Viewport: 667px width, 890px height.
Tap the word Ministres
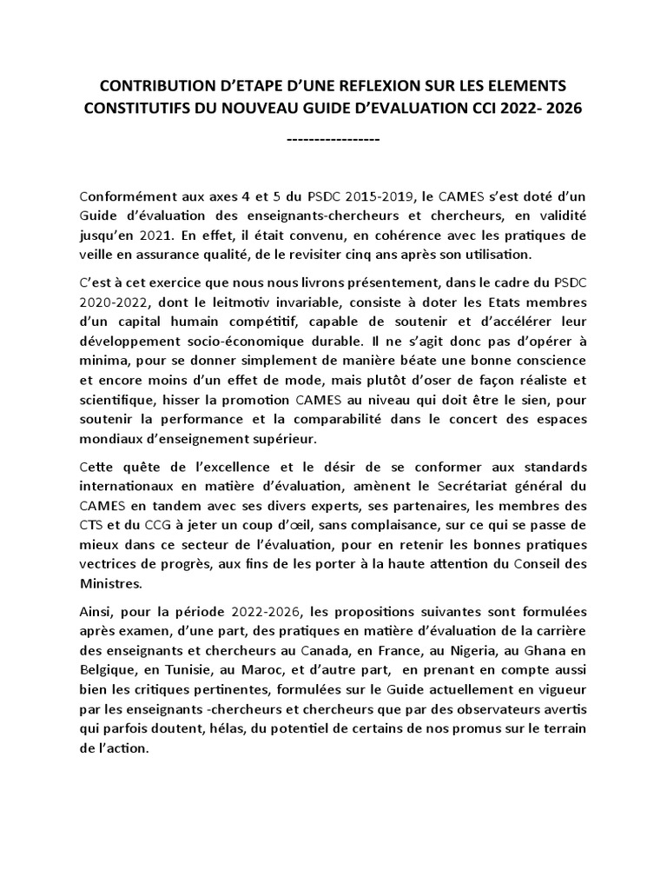pos(109,584)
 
